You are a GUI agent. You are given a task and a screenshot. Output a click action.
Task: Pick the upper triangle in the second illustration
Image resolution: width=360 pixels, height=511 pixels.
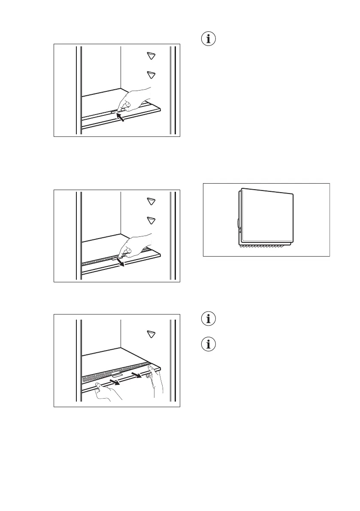[151, 201]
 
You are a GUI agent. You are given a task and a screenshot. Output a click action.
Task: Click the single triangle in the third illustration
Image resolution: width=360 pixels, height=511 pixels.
[151, 334]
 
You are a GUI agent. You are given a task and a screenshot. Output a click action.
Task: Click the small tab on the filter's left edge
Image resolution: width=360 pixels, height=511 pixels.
[238, 224]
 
